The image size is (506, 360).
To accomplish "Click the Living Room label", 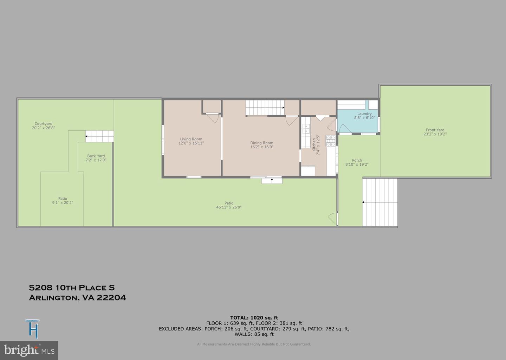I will pos(191,139).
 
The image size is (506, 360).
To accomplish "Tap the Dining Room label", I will pos(261,143).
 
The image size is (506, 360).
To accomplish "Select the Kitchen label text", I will pos(314,145).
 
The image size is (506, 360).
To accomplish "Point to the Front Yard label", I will pos(435,130).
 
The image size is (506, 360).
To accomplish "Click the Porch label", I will pos(357,160).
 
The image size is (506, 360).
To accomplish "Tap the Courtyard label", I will pos(44,124).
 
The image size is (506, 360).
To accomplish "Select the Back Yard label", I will pos(96,156).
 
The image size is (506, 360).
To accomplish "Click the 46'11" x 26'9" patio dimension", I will pos(229,207).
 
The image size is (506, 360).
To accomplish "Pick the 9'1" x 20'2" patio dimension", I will pos(63,203).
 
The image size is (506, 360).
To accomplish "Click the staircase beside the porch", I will pos(379,202).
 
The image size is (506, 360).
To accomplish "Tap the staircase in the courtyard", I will pos(99,136).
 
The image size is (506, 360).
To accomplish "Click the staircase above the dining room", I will pos(265,107).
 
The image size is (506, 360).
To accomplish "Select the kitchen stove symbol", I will pos(331,141).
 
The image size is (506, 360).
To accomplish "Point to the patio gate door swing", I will pos(332,219).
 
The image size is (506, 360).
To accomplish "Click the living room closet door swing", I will pos(213,118).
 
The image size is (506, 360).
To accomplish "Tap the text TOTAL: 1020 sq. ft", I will pos(254,318).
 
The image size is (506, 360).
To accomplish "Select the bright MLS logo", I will pos(29,351).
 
